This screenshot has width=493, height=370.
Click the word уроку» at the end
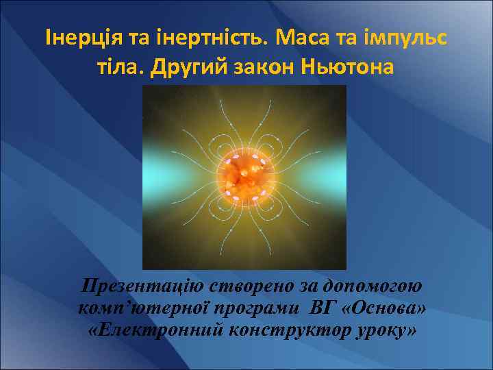[382, 331]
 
